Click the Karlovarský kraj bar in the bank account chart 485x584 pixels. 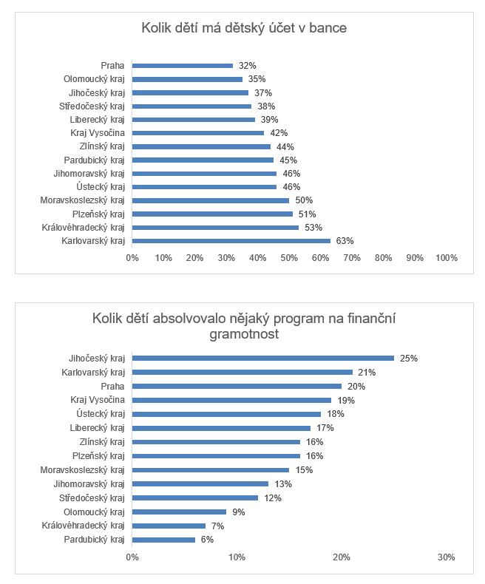pyautogui.click(x=231, y=241)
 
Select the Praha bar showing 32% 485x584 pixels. pyautogui.click(x=183, y=66)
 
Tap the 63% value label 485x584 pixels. pyautogui.click(x=345, y=241)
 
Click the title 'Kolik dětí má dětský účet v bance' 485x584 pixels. pyautogui.click(x=244, y=29)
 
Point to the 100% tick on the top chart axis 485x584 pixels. pyautogui.click(x=447, y=257)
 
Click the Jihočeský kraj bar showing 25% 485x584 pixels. pyautogui.click(x=263, y=358)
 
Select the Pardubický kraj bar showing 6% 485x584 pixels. pyautogui.click(x=163, y=540)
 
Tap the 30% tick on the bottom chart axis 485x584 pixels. pyautogui.click(x=446, y=557)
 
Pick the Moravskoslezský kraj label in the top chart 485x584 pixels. pyautogui.click(x=83, y=200)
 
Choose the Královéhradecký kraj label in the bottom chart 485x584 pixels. pyautogui.click(x=84, y=526)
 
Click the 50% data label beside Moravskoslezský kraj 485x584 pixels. pyautogui.click(x=304, y=200)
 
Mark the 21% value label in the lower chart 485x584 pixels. pyautogui.click(x=367, y=372)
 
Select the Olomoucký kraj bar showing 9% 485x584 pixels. pyautogui.click(x=180, y=512)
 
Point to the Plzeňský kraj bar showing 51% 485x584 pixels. pyautogui.click(x=212, y=214)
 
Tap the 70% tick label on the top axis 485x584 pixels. pyautogui.click(x=352, y=257)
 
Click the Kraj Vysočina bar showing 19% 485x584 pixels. pyautogui.click(x=231, y=400)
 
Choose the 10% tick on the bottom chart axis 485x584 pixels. pyautogui.click(x=237, y=557)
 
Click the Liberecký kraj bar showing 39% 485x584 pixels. pyautogui.click(x=194, y=120)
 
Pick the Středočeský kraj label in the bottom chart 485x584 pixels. pyautogui.click(x=92, y=498)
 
